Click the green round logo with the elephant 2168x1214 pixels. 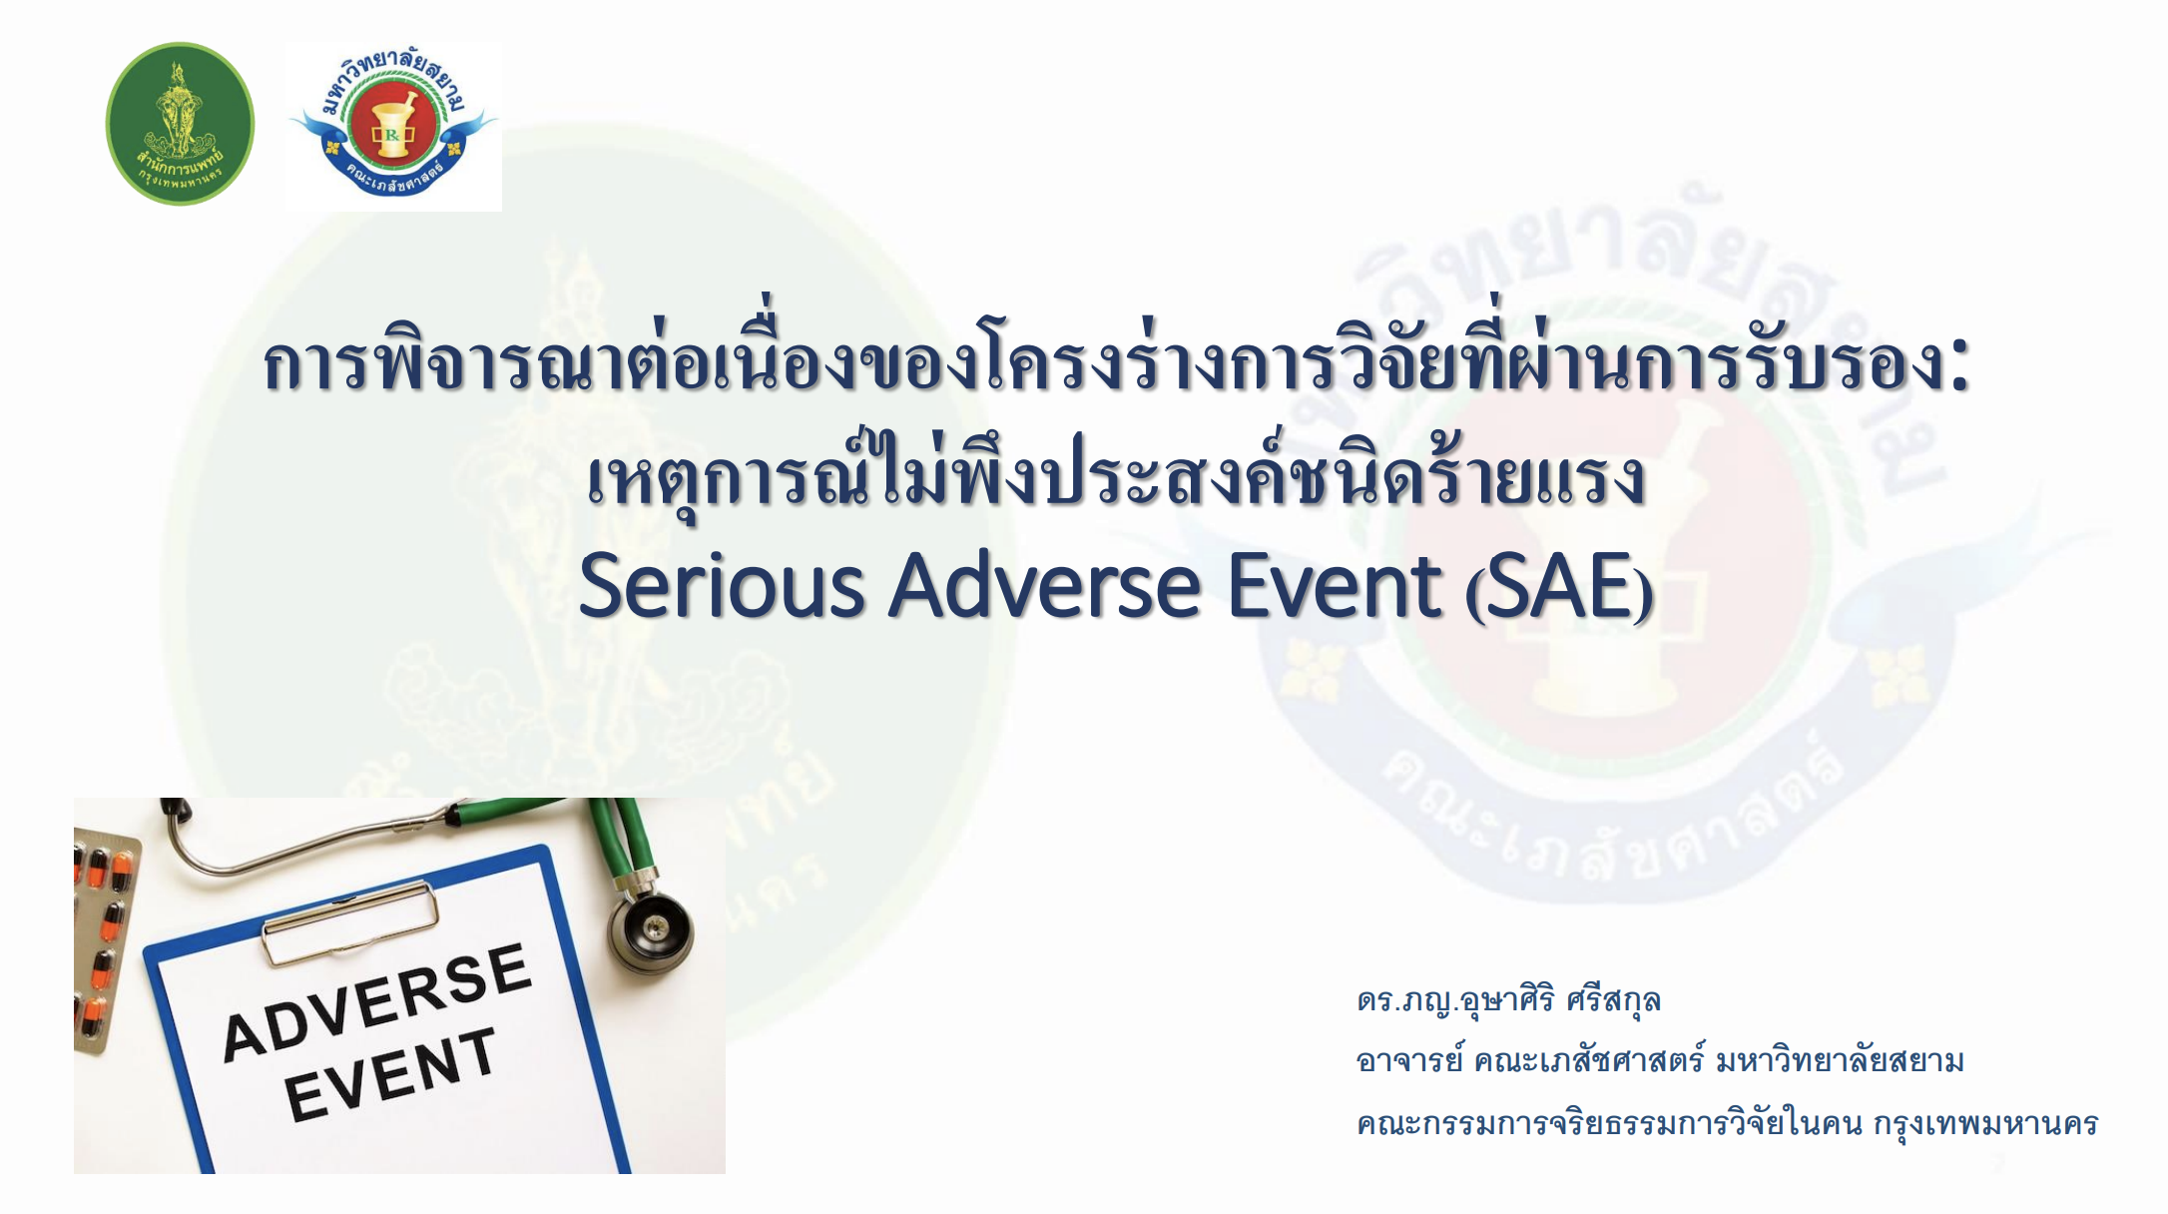pos(180,124)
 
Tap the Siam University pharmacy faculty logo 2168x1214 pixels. pos(393,124)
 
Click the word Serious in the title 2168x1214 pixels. pos(721,587)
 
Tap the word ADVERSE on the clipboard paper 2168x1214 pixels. pos(376,1001)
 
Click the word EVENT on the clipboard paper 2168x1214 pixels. pos(390,1074)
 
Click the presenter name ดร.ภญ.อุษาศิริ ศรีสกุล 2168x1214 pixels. pos(1508,1000)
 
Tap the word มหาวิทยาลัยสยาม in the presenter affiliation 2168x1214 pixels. pos(1840,1060)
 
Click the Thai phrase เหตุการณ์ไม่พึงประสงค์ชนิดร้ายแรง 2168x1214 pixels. pos(1114,477)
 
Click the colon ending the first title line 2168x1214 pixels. pos(1957,366)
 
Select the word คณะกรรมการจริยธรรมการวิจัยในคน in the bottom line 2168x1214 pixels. pos(1609,1124)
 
